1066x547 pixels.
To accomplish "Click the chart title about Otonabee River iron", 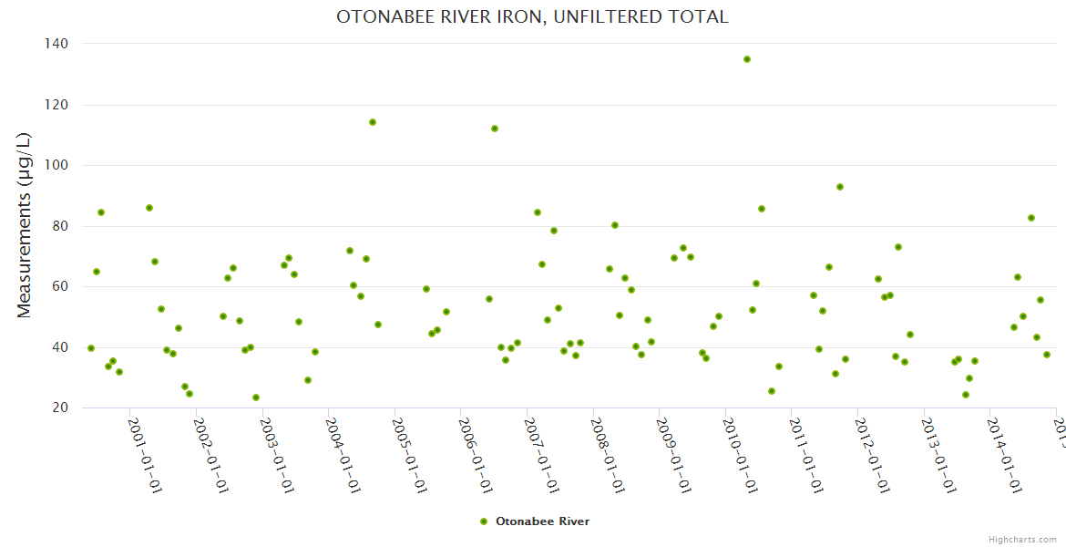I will (x=532, y=17).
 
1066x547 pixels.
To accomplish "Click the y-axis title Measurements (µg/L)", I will (x=25, y=225).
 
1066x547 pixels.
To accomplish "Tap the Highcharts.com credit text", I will (x=1022, y=540).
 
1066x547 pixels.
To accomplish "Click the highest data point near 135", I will (x=747, y=59).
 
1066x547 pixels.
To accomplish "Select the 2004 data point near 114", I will (x=373, y=122).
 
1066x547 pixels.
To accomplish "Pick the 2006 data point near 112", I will (x=495, y=129).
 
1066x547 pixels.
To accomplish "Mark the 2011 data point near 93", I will (x=840, y=187).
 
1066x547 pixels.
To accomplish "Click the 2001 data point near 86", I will (x=149, y=208).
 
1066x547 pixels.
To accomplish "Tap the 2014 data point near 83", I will (x=1031, y=218).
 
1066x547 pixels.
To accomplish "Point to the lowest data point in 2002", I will (x=256, y=397).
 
